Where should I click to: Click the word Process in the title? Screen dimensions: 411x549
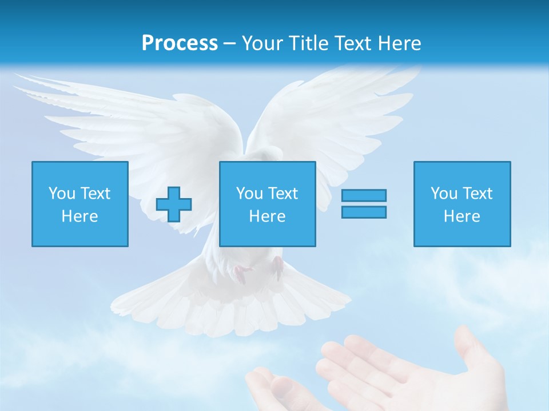180,43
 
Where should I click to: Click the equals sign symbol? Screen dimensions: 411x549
364,204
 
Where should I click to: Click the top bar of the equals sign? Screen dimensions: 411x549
364,196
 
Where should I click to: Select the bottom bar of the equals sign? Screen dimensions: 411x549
364,212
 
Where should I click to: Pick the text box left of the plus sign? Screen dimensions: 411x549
79,204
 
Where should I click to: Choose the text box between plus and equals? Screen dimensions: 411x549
267,204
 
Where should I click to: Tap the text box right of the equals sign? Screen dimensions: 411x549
462,204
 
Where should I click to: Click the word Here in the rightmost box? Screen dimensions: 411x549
462,216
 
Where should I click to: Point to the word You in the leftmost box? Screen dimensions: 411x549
62,194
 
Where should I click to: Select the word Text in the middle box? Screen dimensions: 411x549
283,194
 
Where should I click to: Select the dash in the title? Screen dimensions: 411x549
229,43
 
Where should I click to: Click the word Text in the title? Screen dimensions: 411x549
349,43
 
